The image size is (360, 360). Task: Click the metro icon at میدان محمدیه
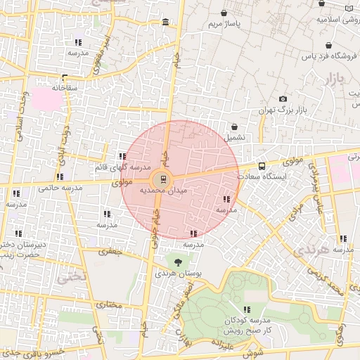point(162,179)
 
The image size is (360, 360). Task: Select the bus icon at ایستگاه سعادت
point(262,167)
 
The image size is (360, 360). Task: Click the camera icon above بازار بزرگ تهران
point(283,100)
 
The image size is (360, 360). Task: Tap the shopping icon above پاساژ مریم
point(224,13)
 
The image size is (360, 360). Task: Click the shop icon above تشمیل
point(234,127)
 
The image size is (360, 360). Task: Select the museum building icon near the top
point(165,24)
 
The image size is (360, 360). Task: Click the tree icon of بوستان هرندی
point(177,262)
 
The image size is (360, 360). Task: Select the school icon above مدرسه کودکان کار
point(246,309)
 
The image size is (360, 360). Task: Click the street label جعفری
point(110,251)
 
